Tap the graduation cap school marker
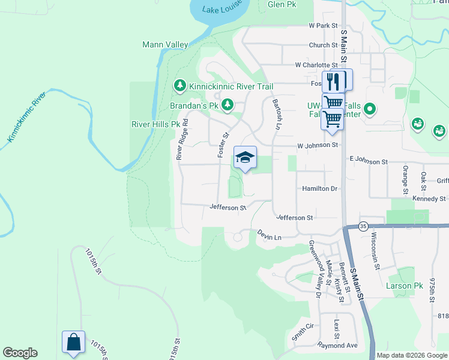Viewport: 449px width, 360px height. click(244, 157)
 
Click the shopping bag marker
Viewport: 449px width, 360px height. click(73, 342)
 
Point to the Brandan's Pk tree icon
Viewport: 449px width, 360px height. click(227, 106)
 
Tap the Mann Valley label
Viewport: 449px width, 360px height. click(165, 45)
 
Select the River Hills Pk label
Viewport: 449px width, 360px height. click(155, 124)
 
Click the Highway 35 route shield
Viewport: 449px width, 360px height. click(363, 226)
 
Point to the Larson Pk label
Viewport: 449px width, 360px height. click(405, 286)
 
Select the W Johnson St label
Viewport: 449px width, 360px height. click(318, 145)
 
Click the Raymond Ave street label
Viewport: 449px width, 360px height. click(338, 346)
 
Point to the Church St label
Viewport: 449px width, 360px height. click(324, 45)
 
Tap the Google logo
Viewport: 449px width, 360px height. click(20, 353)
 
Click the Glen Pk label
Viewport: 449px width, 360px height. click(283, 4)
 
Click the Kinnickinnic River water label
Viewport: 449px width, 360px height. click(27, 117)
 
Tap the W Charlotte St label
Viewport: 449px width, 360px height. click(316, 65)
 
